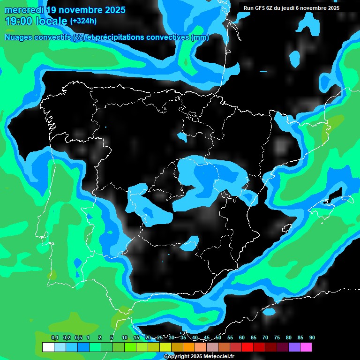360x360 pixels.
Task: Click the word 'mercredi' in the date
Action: point(24,9)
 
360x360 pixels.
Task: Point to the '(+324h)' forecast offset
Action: point(83,21)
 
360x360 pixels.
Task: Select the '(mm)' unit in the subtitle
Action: point(200,37)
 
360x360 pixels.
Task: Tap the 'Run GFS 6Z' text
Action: point(258,8)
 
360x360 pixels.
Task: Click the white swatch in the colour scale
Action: point(48,347)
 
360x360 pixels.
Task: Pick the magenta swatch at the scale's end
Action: point(306,347)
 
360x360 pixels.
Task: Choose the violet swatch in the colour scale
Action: point(294,347)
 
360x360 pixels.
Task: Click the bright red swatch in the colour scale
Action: point(247,347)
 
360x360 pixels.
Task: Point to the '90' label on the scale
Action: point(312,338)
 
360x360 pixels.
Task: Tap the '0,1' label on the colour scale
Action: point(55,338)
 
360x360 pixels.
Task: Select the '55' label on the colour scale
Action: point(230,338)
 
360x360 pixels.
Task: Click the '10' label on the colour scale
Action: point(124,338)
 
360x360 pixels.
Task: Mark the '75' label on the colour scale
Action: point(277,338)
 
